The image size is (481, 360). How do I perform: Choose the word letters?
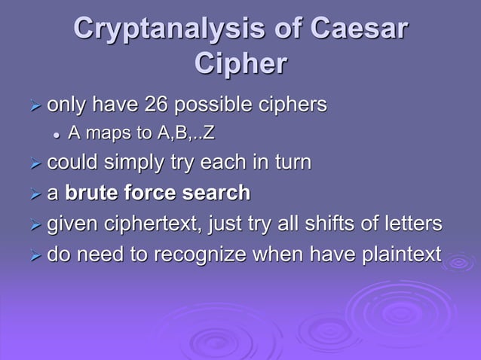[x=411, y=224]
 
